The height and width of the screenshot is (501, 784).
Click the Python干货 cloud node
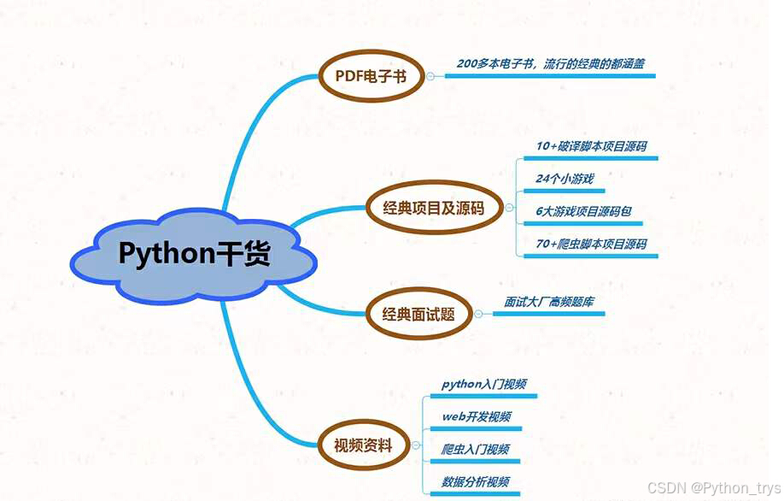pyautogui.click(x=194, y=253)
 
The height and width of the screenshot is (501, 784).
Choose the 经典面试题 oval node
pyautogui.click(x=418, y=315)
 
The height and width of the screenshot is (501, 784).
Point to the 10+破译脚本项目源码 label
pyautogui.click(x=591, y=146)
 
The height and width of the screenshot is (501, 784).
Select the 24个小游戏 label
pyautogui.click(x=565, y=179)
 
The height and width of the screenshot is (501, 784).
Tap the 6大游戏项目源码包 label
pyautogui.click(x=584, y=211)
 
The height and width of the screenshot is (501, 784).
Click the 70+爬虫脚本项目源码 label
pyautogui.click(x=591, y=244)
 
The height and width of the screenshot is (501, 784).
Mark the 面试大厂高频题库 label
pyautogui.click(x=549, y=302)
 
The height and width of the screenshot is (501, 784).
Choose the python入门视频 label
pyautogui.click(x=483, y=384)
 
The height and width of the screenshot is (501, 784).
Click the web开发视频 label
pyautogui.click(x=477, y=416)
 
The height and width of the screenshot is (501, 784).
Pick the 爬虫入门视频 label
pyautogui.click(x=476, y=449)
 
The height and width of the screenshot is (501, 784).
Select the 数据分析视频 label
pyautogui.click(x=476, y=481)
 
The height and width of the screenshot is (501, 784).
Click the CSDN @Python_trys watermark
pyautogui.click(x=713, y=487)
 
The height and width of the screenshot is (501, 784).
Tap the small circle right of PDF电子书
pyautogui.click(x=430, y=76)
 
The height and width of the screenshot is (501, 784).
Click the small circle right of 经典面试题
pyautogui.click(x=477, y=315)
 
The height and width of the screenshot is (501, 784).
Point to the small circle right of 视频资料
pyautogui.click(x=415, y=445)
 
